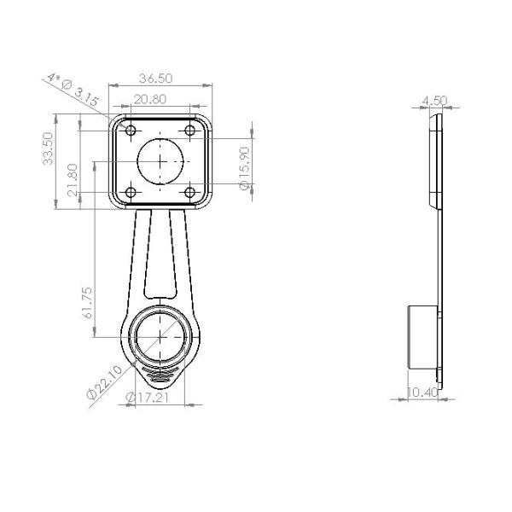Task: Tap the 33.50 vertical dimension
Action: [x=49, y=148]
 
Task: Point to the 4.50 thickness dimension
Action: [x=434, y=101]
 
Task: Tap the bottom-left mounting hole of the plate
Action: [x=131, y=191]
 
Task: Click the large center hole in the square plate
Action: [x=160, y=160]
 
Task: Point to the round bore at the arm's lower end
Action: [x=160, y=336]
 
